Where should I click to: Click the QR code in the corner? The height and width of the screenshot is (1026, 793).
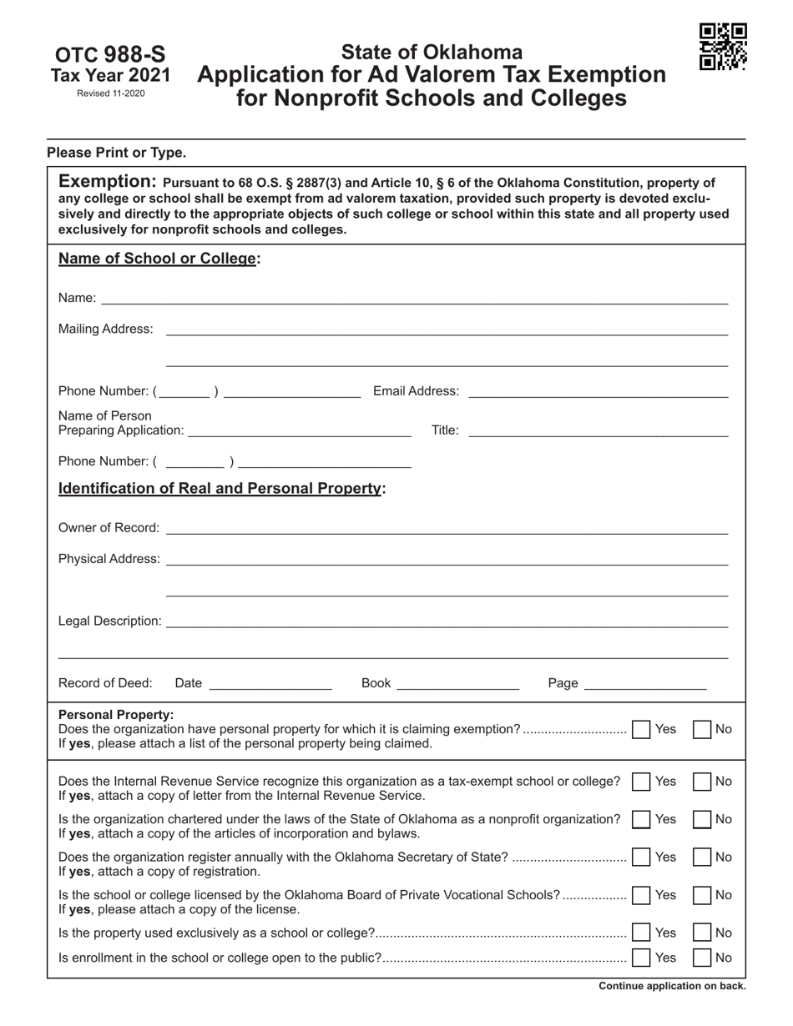723,47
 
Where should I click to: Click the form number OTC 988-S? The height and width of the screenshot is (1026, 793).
110,55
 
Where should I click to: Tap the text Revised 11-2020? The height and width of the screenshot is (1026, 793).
110,93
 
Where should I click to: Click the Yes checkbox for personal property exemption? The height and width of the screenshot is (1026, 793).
641,729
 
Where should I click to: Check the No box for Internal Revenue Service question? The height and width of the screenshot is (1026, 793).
702,782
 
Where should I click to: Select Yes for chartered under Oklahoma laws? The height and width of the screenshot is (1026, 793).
641,819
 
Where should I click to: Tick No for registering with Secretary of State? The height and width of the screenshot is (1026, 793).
702,857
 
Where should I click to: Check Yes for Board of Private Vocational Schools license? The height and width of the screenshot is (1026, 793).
641,895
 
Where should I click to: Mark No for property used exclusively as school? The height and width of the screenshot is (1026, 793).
702,933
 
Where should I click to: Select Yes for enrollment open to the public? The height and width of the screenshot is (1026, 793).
641,958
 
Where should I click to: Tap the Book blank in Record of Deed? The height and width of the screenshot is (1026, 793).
457,683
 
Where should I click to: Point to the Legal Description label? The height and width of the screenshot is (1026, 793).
109,621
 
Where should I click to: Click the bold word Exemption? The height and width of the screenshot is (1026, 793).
108,182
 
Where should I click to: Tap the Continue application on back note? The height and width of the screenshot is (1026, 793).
672,986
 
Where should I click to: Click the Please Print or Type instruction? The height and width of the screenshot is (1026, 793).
117,153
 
